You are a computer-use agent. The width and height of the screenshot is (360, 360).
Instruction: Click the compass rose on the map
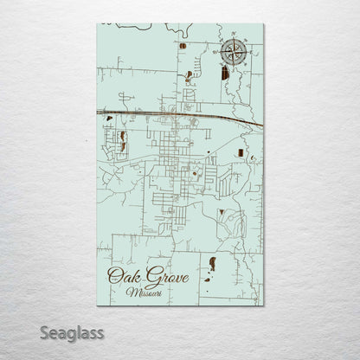[x=231, y=53]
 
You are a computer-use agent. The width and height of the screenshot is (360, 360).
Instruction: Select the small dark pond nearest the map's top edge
[x=183, y=45]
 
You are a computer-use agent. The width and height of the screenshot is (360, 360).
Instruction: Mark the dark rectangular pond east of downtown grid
[x=233, y=152]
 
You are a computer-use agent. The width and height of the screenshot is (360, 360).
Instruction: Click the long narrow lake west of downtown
[x=124, y=138]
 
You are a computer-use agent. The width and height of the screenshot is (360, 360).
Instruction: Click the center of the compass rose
[x=231, y=53]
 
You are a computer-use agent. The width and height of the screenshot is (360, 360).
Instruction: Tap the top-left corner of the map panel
[x=98, y=24]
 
